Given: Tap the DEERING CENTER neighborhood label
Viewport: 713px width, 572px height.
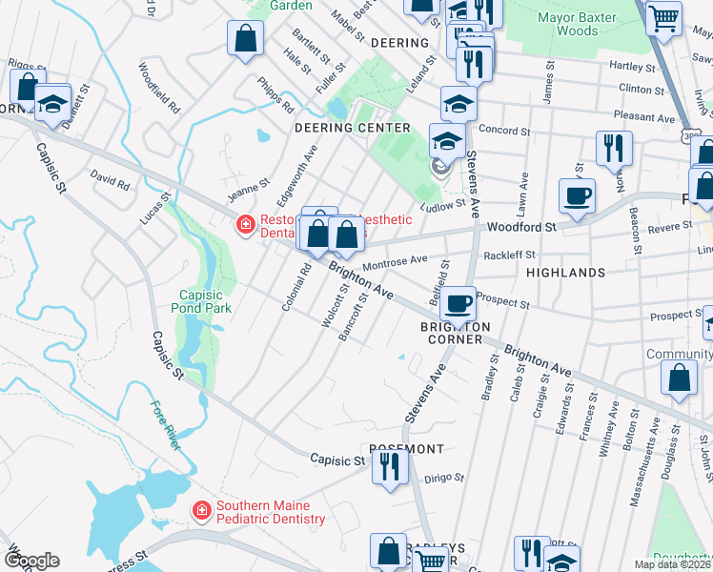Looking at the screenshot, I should coord(352,128).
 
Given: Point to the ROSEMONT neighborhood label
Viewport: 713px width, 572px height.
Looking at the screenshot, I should coord(401,449).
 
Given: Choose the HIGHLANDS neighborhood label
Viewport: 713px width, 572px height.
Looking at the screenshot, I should coord(565,273).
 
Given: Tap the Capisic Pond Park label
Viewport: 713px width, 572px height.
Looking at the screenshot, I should coord(200,301).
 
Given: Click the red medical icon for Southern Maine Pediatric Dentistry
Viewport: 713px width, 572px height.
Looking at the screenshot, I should coord(202,511).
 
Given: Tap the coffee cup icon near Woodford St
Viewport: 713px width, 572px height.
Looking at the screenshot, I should coord(577,196).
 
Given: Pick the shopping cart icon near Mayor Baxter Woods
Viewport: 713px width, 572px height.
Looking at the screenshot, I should coord(663,17).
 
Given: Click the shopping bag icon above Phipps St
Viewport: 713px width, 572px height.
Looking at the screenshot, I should coord(245,39).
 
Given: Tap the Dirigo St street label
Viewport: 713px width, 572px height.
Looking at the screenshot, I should coord(444,479).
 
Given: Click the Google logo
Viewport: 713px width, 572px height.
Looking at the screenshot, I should coord(31,560).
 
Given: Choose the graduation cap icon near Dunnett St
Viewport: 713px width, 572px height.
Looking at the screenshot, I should coord(52,101).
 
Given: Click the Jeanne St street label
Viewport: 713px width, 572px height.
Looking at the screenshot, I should coord(244,187).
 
